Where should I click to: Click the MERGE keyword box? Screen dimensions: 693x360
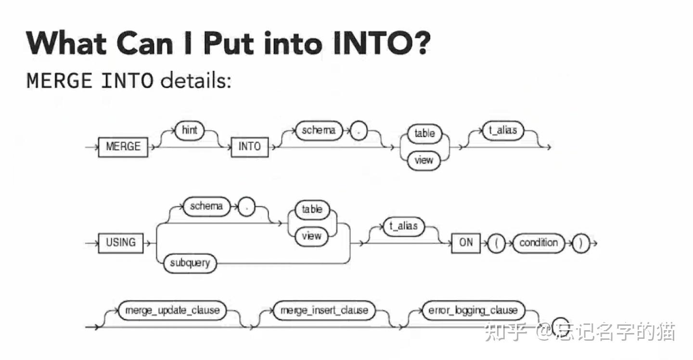pos(123,147)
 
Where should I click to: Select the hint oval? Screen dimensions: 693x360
pos(190,130)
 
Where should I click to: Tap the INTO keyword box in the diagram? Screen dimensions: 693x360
pos(250,147)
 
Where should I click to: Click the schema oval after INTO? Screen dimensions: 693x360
pos(319,130)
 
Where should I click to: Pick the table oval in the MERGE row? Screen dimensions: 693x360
pos(424,134)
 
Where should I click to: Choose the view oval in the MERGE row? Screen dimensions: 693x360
pos(424,160)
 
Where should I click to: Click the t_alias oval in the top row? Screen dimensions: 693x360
pos(503,130)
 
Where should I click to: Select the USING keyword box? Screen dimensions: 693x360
pos(121,243)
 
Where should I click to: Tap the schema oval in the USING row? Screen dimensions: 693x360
pos(207,206)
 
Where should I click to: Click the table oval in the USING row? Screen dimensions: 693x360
pos(312,210)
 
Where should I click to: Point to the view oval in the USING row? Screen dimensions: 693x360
pos(311,236)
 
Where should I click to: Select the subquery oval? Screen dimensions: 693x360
pos(190,263)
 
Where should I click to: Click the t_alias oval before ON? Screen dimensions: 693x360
pos(404,226)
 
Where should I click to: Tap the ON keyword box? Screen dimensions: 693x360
pos(466,243)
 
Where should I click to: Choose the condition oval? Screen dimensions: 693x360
pos(539,243)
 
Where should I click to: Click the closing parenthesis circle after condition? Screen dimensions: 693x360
pos(581,244)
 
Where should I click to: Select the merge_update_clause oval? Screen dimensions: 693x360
pos(172,310)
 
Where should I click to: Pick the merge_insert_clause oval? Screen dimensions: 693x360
pos(324,310)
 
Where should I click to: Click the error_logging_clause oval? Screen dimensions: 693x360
pos(474,310)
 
